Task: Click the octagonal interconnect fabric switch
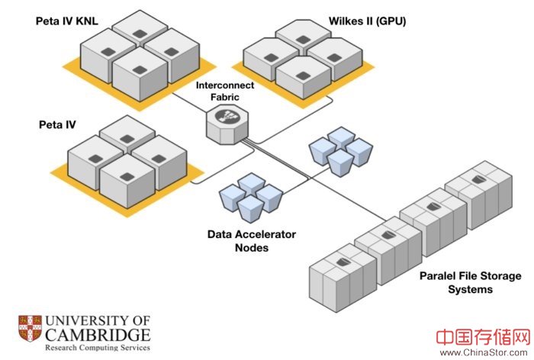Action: tap(227, 122)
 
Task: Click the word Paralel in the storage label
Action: tap(439, 275)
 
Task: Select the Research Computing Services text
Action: tap(96, 348)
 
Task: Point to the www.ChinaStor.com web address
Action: tap(484, 352)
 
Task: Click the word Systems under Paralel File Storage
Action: tap(470, 289)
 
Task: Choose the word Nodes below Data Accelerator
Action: tap(251, 248)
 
